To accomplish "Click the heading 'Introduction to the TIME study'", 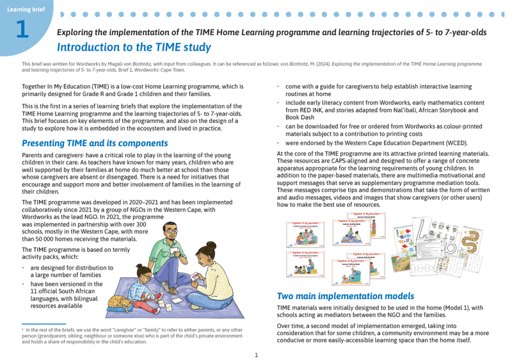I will pos(133,47).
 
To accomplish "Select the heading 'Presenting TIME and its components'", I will pos(95,143).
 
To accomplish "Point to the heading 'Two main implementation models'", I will pos(345,297).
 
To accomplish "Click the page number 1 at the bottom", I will pos(256,354).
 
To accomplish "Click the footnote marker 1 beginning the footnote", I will pos(22,329).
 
